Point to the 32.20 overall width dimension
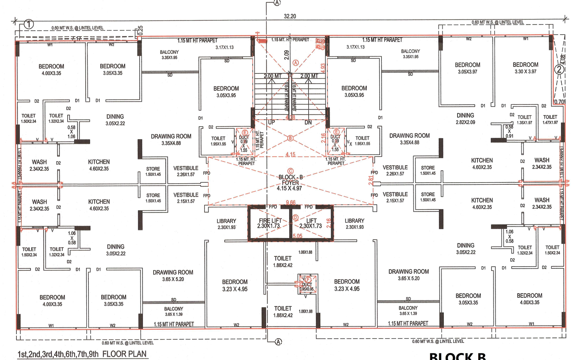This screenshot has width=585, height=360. (x=290, y=16)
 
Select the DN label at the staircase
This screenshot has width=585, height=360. (x=308, y=122)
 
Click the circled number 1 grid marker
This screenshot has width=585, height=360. (x=29, y=24)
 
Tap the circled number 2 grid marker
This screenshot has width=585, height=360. (x=559, y=70)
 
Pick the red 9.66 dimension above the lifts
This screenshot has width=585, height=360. (x=291, y=203)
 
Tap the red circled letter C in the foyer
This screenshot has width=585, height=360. (x=291, y=170)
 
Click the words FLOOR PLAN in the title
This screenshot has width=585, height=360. (x=124, y=355)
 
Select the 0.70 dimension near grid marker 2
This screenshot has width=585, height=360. (x=559, y=102)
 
